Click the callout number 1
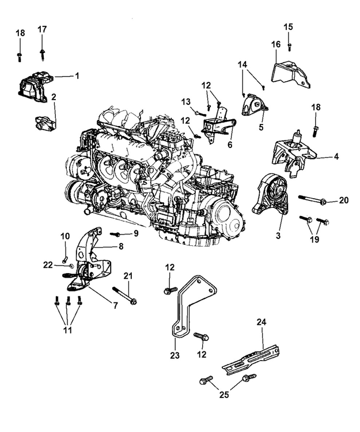pos(77,75)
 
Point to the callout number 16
pos(275,44)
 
